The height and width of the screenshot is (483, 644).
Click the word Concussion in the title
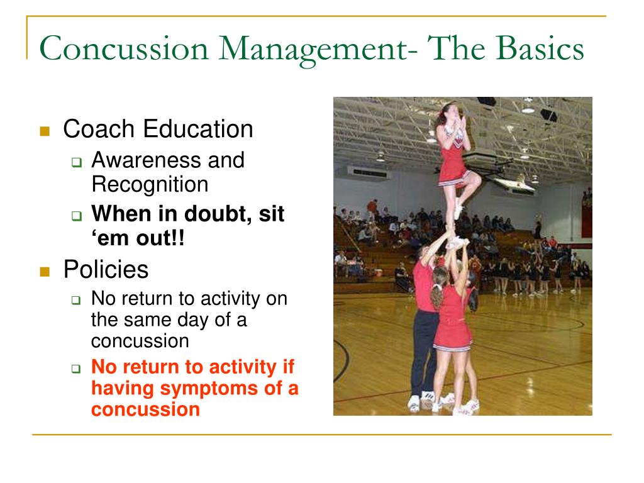[x=124, y=48]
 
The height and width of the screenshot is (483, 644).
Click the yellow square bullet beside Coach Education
[x=45, y=131]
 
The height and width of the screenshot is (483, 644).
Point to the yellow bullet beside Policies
[x=45, y=272]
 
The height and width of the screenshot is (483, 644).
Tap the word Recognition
[x=150, y=185]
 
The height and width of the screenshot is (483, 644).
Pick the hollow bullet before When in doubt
[x=77, y=216]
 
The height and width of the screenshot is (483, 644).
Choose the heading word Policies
[x=106, y=269]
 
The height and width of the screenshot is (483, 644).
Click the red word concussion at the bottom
[x=145, y=409]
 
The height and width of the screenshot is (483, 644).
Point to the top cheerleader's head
[x=449, y=113]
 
